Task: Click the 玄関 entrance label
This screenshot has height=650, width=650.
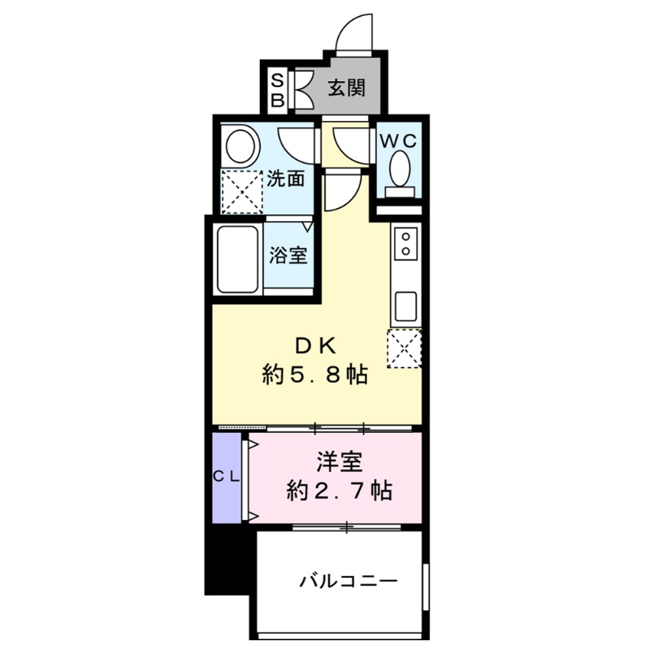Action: [346, 88]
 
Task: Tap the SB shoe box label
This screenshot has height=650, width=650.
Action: [277, 89]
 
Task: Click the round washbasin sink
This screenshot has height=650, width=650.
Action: [240, 148]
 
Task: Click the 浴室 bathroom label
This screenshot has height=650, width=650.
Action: [288, 255]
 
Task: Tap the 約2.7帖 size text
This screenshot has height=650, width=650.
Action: [339, 491]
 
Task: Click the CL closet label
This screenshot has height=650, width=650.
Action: [227, 478]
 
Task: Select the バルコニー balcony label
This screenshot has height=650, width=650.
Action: [347, 582]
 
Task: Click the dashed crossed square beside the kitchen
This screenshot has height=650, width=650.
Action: [405, 349]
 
